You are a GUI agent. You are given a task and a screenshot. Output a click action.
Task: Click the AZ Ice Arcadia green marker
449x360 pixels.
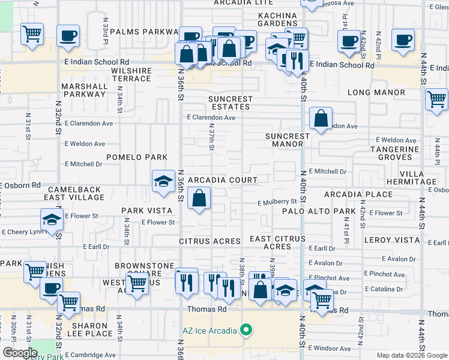pos(245,330)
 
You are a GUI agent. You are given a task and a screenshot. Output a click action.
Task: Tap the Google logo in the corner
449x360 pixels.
pos(20,353)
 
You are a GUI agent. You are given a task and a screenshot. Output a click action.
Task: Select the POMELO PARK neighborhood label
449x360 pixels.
pos(137,157)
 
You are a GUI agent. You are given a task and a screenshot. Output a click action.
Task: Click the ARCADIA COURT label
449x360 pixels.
pos(223,180)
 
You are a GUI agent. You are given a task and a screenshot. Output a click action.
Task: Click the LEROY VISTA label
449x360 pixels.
pos(392,240)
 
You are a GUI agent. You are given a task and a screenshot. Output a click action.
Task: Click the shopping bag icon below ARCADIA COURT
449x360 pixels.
pos(199,199)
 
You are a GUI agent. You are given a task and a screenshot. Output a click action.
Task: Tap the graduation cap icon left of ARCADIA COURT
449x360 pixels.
pos(163,182)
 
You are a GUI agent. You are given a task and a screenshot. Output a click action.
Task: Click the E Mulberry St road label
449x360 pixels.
pos(277,203)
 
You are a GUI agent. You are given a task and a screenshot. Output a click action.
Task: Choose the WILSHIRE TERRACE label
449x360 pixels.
pos(131,74)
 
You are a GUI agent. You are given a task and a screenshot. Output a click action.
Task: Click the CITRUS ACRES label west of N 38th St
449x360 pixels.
pos(209,241)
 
